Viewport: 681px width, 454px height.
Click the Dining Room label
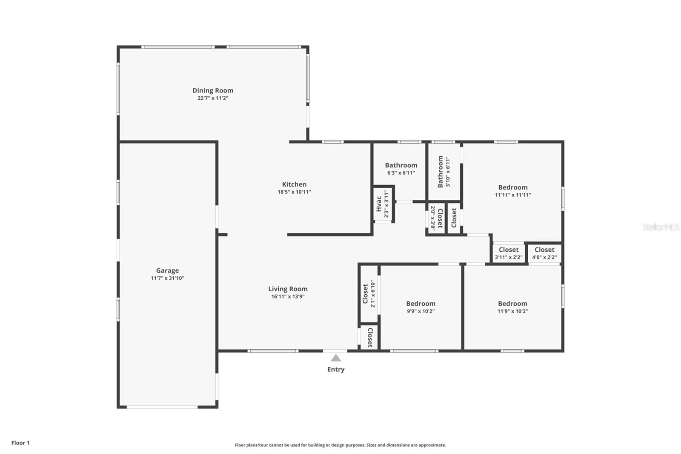pos(213,91)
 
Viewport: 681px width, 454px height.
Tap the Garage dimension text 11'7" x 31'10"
pos(168,278)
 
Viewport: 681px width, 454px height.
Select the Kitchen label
pos(294,184)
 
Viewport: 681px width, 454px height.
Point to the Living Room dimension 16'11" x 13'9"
pos(288,297)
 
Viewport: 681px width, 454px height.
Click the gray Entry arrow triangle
pos(336,358)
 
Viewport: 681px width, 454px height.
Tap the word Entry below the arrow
pos(336,369)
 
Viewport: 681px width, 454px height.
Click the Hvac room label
pos(379,204)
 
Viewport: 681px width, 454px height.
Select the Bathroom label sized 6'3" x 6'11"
pos(401,165)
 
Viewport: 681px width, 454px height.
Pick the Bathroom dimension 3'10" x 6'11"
pos(447,172)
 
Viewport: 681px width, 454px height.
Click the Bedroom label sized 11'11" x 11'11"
pos(513,187)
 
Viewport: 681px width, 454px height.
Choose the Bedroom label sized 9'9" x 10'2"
pos(421,304)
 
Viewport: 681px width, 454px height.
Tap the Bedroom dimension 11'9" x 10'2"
pos(512,311)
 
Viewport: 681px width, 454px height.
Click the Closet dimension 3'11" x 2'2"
pos(509,257)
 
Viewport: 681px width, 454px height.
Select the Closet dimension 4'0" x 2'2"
pos(544,257)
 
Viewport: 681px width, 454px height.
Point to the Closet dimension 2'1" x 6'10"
pos(373,294)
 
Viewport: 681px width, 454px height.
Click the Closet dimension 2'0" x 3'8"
pos(432,218)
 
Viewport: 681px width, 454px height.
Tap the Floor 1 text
pos(20,443)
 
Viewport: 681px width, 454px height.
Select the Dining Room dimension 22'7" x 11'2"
pos(213,98)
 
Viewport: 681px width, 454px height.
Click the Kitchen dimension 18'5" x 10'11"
pos(294,192)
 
